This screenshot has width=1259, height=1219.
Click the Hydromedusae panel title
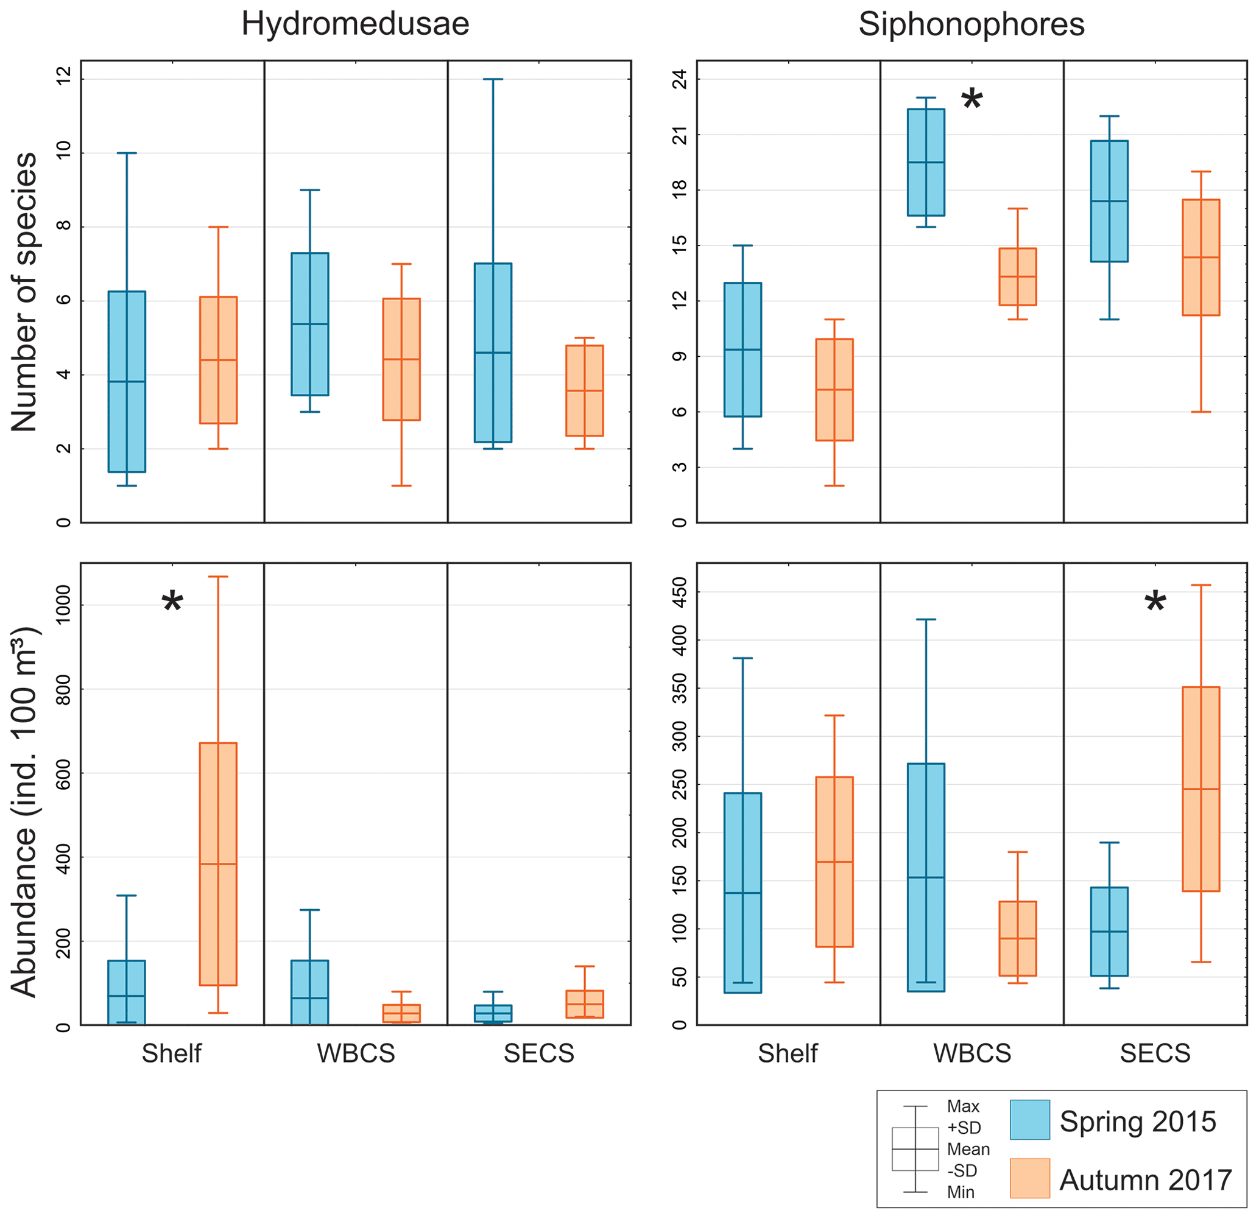coord(355,24)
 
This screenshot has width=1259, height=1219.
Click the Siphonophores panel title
coord(972,24)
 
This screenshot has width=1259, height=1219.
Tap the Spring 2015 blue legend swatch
coord(1030,1120)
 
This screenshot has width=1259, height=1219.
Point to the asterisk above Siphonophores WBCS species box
coord(972,100)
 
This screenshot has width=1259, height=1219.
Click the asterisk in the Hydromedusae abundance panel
coord(172,602)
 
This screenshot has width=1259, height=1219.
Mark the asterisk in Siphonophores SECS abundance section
coord(1155,602)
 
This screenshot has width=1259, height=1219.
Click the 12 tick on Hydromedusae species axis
coord(63,79)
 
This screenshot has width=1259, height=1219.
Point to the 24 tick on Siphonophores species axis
coord(680,79)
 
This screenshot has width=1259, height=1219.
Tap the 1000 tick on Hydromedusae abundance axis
coord(63,605)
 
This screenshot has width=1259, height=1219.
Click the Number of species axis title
coord(24,292)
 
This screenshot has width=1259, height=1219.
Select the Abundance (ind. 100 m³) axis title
coord(24,812)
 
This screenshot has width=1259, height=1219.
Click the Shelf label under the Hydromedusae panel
coord(172,1054)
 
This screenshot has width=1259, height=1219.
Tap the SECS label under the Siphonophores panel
coord(1155,1054)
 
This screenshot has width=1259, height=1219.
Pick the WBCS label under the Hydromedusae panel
coord(356,1054)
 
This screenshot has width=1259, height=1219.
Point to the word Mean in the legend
coord(968,1149)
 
